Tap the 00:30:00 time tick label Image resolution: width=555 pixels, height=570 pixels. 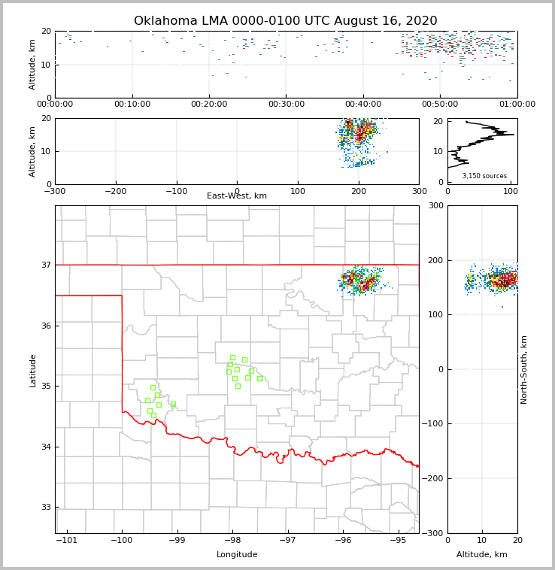pos(287,105)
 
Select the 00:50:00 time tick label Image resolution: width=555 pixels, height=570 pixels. pos(440,105)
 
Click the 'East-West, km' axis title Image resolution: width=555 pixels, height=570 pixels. pos(237,196)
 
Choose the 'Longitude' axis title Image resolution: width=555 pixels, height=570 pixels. pos(237,555)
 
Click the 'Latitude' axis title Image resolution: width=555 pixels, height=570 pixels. pos(33,370)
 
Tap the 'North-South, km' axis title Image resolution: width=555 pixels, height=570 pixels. pos(524,369)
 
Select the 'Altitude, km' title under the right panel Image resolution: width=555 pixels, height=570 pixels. pos(482,555)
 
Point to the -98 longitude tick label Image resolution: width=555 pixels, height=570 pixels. pos(232,541)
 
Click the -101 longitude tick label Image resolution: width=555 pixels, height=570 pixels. pos(67,541)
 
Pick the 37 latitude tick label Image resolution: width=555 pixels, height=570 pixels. pos(45,265)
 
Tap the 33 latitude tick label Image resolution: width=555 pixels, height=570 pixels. pos(45,507)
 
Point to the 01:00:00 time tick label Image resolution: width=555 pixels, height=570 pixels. pos(517,105)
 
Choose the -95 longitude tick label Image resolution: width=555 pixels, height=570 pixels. pos(398,541)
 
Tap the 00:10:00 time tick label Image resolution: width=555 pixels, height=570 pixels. pos(132,105)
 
